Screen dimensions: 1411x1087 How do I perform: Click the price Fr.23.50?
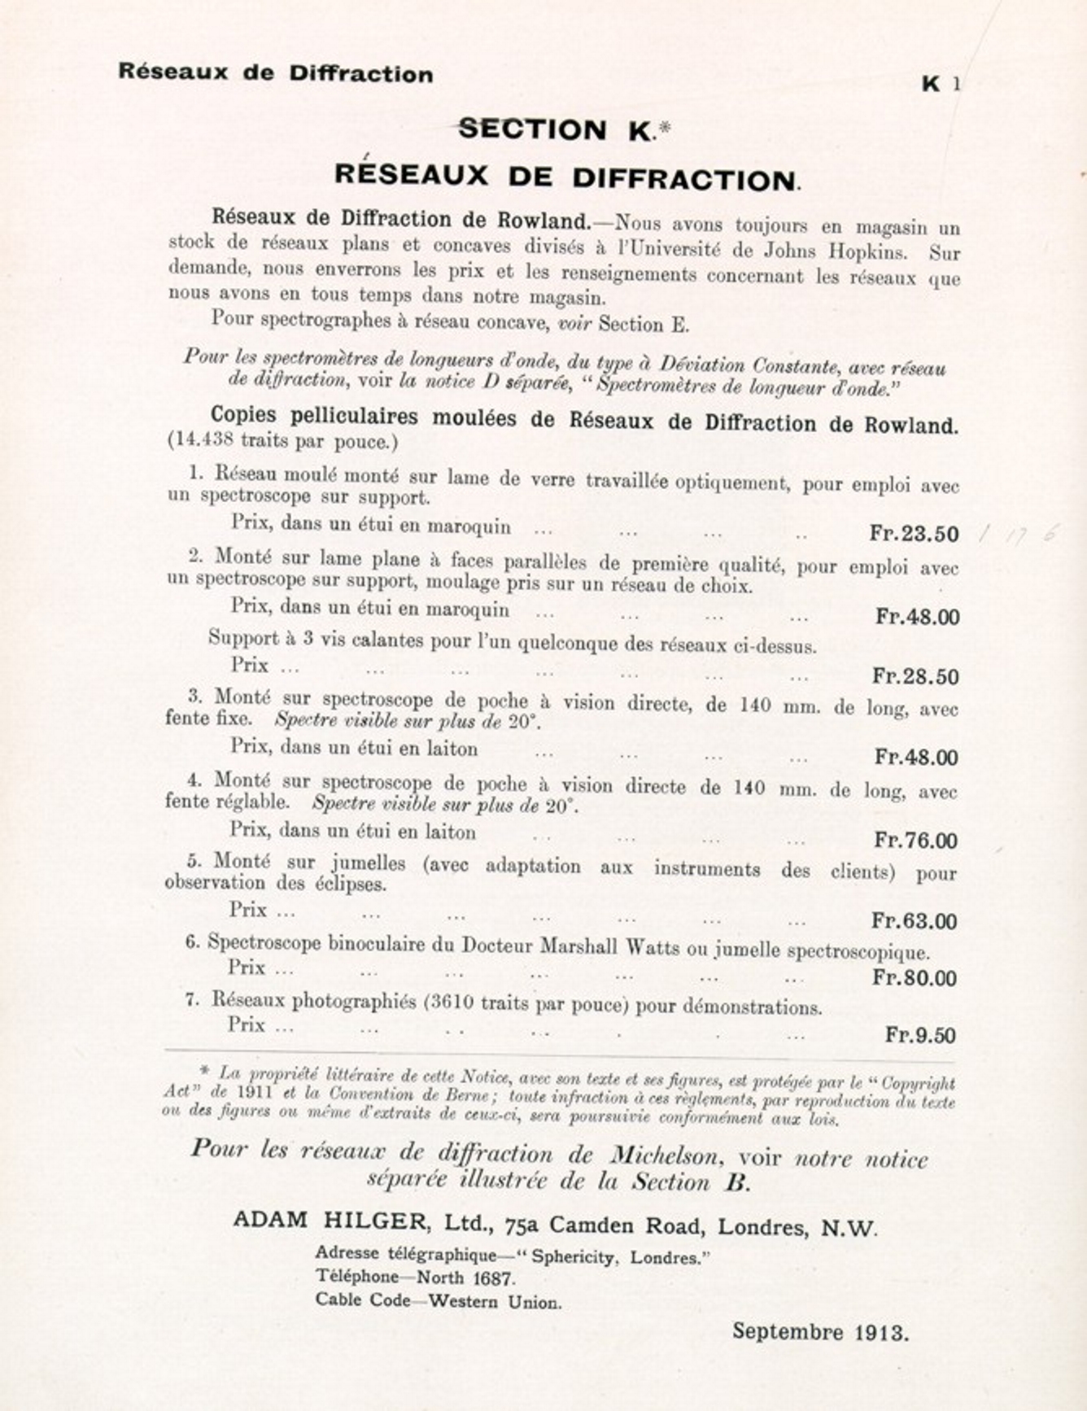[x=914, y=534]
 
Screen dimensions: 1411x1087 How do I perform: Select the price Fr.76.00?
[x=915, y=840]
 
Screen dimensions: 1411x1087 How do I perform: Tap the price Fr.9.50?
[x=920, y=1035]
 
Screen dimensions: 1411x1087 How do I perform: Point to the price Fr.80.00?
[x=915, y=977]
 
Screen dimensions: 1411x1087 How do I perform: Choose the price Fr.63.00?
[x=914, y=921]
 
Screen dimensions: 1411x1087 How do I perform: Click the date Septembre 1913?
[x=820, y=1332]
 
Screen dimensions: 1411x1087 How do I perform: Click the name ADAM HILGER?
[x=330, y=1221]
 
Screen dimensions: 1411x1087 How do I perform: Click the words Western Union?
[x=495, y=1301]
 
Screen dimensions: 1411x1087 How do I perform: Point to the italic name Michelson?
[x=665, y=1155]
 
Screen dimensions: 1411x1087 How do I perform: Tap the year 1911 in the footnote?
[x=255, y=1093]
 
